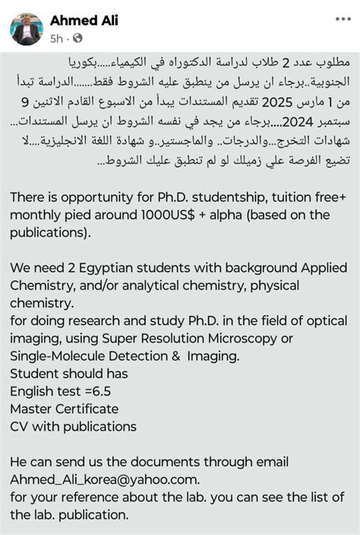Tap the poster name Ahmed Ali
[x=84, y=20]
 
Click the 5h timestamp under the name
[x=56, y=38]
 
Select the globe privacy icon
[x=77, y=38]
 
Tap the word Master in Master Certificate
[x=31, y=409]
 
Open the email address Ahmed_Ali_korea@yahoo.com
[x=105, y=479]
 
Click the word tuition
[x=261, y=197]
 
